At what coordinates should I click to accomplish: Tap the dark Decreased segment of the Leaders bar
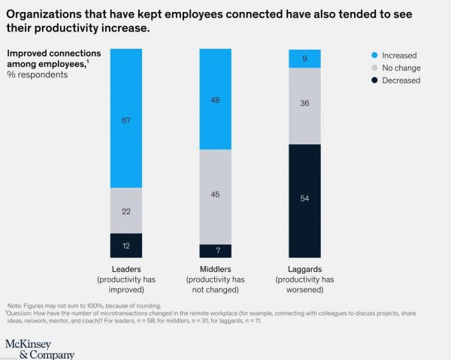coord(126,246)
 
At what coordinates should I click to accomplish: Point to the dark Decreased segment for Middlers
coord(215,251)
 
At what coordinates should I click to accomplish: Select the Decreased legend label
coord(401,81)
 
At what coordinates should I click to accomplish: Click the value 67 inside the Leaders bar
coord(126,119)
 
